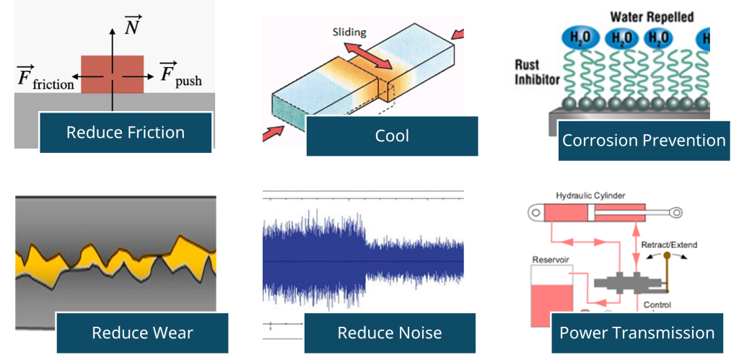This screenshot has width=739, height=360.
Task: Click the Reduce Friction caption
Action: click(126, 133)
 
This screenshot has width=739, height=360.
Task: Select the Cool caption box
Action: click(392, 136)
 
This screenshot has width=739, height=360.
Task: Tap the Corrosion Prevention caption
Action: click(643, 141)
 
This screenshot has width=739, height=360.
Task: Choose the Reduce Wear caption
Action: click(142, 333)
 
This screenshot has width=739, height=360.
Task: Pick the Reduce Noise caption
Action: click(390, 333)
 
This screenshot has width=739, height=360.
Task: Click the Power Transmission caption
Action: click(637, 333)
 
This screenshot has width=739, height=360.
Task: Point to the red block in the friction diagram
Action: click(112, 74)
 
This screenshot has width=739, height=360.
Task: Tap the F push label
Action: click(180, 75)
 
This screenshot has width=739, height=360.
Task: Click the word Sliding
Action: click(351, 33)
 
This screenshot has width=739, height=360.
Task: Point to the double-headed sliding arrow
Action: click(367, 55)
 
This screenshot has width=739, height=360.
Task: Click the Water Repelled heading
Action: click(652, 17)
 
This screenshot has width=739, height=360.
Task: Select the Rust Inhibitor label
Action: click(537, 71)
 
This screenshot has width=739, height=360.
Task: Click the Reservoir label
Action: click(547, 260)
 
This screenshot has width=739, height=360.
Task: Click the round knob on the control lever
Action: click(667, 256)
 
